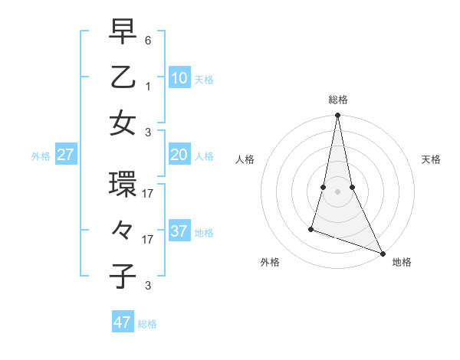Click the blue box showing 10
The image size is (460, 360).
179,77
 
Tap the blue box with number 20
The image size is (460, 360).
179,155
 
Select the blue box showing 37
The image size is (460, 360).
179,231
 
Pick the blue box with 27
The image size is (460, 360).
66,155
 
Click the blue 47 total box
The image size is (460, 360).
123,322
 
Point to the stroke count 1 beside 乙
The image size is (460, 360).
148,86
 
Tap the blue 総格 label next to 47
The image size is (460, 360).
147,324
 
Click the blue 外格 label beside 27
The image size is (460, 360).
41,156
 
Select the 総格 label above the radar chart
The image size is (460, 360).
338,100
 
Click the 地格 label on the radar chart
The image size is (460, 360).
401,262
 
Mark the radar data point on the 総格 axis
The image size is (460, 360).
337,116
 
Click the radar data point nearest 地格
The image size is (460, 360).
382,253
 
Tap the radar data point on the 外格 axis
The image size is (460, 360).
311,228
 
